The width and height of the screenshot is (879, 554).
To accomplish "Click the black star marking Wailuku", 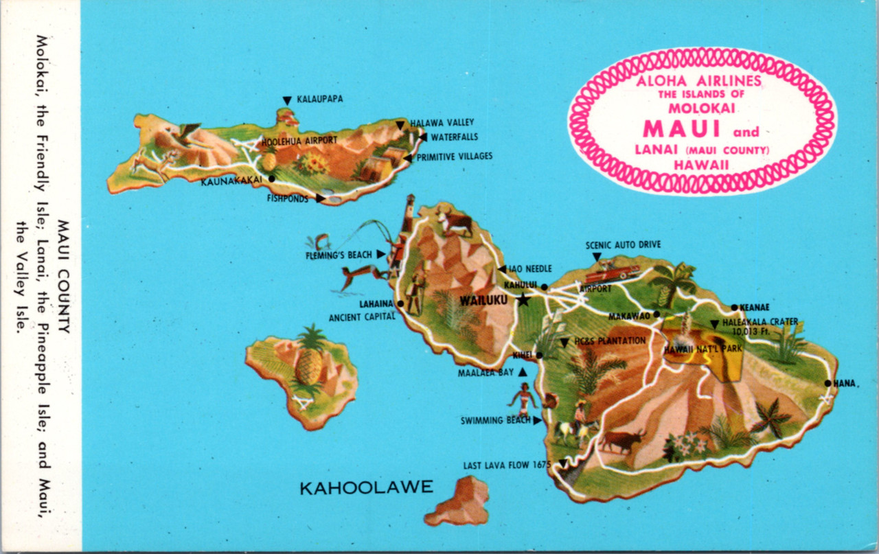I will click(524, 299).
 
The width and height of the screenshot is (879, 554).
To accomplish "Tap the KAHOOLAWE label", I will click(366, 487).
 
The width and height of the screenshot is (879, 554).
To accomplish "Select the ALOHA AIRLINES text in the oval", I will click(699, 81).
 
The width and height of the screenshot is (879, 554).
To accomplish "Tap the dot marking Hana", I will click(827, 383).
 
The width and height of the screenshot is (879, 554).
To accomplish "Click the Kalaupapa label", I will click(319, 99).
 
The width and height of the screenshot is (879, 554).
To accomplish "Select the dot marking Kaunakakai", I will click(272, 178).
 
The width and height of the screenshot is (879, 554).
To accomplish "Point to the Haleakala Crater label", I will click(760, 321).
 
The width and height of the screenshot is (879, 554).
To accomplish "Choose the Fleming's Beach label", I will click(339, 255).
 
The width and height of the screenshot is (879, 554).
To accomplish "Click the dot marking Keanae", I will click(734, 308).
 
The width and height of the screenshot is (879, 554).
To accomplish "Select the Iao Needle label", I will click(529, 268).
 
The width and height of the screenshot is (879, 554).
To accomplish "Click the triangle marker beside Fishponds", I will click(320, 198).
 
